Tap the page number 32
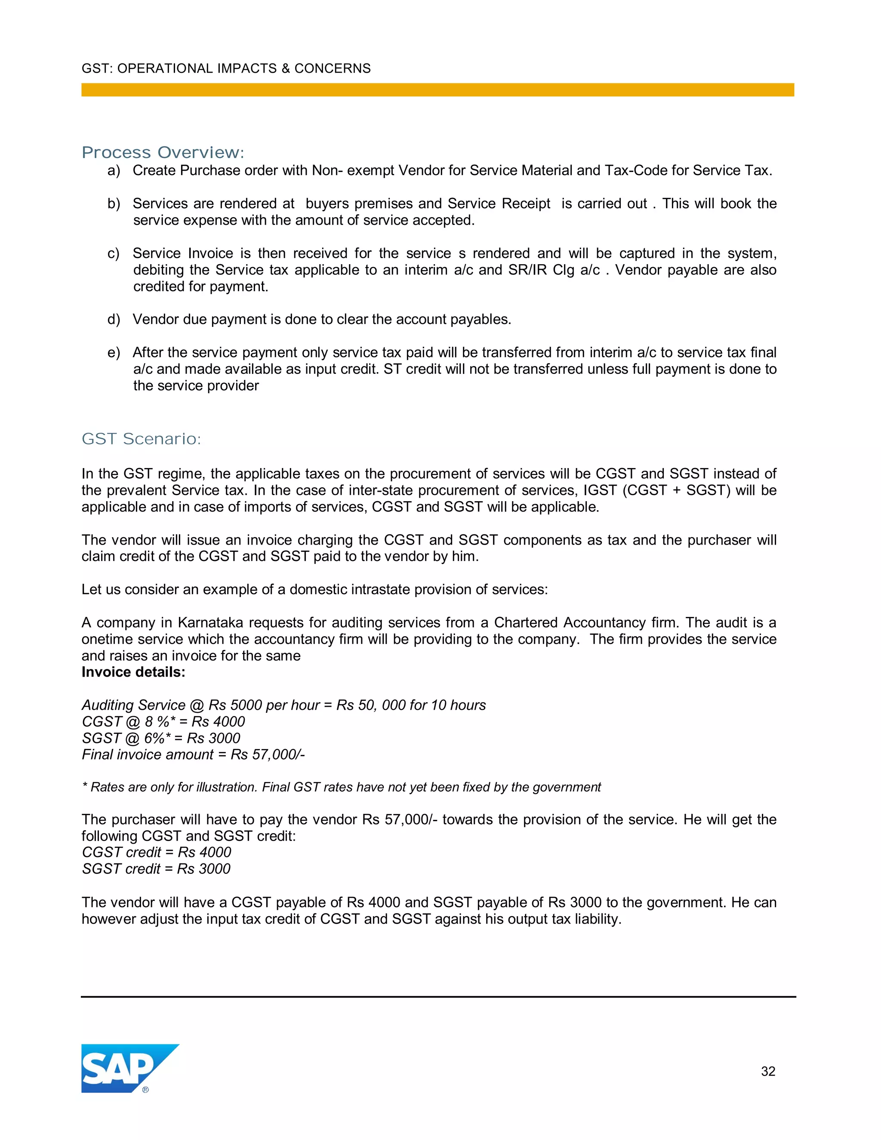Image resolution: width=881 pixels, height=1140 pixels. (x=768, y=1071)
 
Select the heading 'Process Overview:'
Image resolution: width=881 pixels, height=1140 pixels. (x=163, y=152)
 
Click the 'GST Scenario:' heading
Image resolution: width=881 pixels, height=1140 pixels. (x=141, y=439)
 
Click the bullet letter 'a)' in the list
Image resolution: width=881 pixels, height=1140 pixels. (x=114, y=171)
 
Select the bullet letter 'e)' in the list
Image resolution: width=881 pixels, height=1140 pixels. (x=114, y=353)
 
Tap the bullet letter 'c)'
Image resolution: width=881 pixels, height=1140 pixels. (x=113, y=254)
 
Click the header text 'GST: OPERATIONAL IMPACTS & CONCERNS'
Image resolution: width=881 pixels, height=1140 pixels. (x=226, y=68)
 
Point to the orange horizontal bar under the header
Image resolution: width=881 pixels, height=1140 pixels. (x=437, y=90)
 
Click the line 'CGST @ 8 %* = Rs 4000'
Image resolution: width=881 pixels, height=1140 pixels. (x=163, y=721)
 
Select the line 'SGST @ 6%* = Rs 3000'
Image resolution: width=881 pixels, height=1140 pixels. (x=161, y=738)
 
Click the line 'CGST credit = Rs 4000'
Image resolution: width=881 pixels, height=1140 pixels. (x=157, y=852)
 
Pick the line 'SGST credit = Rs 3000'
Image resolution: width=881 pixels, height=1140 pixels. (x=156, y=869)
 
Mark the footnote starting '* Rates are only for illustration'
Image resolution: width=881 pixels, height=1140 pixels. (x=341, y=787)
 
